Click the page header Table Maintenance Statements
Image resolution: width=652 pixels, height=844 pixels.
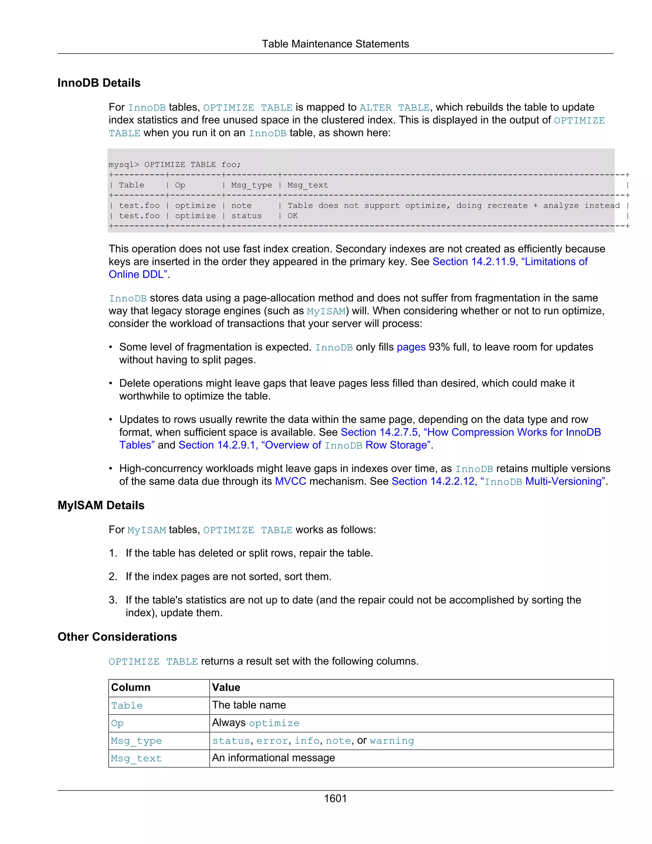(335, 44)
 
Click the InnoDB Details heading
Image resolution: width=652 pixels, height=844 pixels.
(99, 83)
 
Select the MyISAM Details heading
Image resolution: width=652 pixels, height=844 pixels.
(101, 505)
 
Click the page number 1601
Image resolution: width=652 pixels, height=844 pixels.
(335, 798)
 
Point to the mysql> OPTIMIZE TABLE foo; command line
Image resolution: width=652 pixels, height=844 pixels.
(174, 165)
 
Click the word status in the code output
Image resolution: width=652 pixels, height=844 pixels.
(246, 216)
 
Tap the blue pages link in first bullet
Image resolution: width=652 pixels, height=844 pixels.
(411, 347)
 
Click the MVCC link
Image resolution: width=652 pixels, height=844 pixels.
(290, 481)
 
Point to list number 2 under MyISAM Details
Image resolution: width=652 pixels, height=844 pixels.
(112, 576)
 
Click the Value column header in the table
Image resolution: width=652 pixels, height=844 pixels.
(226, 688)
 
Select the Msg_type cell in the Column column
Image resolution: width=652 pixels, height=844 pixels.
(136, 741)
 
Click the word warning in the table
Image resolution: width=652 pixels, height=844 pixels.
(392, 741)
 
